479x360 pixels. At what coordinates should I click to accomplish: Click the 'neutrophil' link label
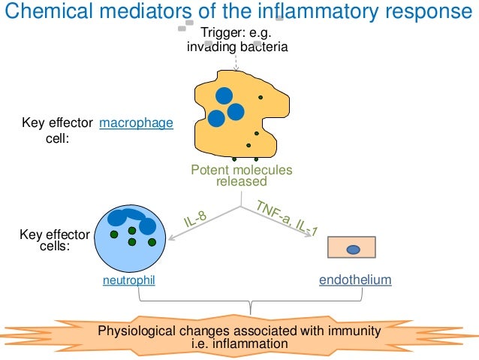[129, 280]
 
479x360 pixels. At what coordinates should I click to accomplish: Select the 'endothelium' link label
[355, 280]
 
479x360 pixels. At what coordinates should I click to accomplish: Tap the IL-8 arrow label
[195, 220]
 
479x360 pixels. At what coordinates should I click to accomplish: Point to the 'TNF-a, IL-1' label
[286, 219]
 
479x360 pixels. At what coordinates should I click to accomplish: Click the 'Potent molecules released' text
[241, 176]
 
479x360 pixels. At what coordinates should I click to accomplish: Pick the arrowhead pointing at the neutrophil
[171, 238]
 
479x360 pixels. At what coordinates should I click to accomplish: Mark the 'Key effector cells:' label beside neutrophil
[54, 240]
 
